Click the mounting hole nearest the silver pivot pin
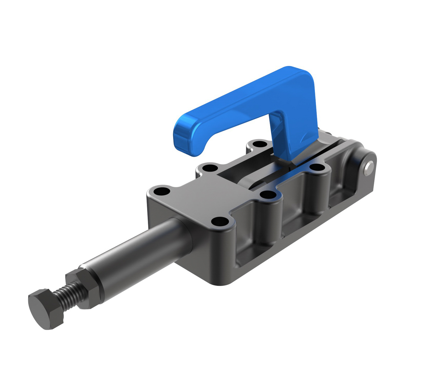(317, 167)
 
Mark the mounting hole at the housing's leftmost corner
(162, 192)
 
